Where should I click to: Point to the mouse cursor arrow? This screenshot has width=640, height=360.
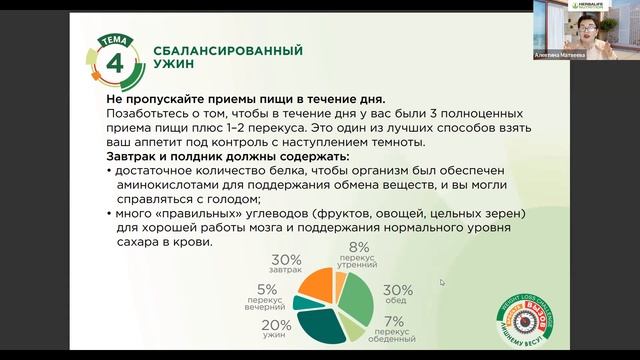[441, 282]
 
